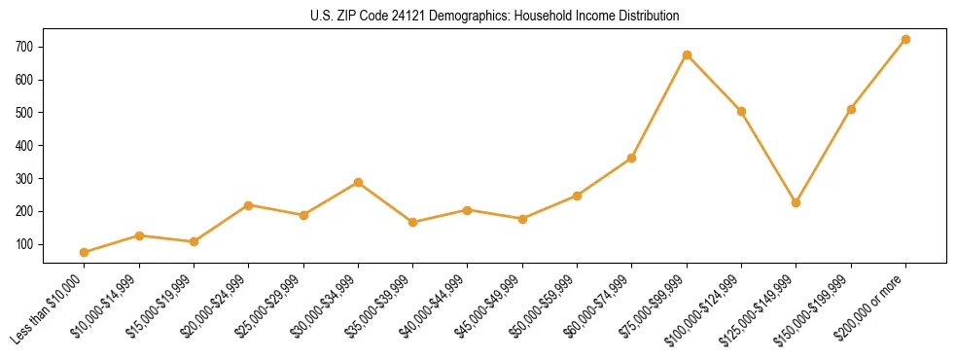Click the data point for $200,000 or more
905,40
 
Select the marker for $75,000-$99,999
687,55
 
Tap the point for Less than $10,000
85,252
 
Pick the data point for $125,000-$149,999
796,202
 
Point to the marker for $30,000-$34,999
358,182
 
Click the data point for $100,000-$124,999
741,111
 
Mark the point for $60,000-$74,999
632,158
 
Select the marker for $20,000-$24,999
249,205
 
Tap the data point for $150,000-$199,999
851,109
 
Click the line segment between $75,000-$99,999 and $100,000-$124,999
714,84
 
